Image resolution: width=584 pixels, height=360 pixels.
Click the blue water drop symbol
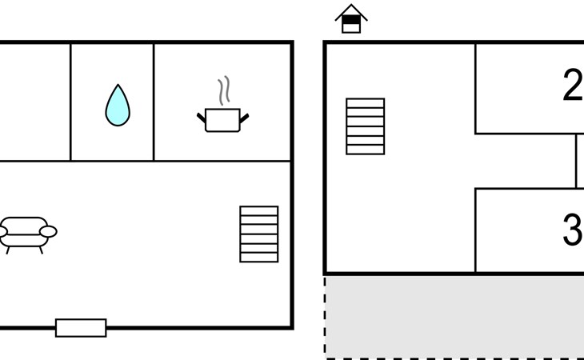pos(118,106)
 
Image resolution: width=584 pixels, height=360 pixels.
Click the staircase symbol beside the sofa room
pos(259,234)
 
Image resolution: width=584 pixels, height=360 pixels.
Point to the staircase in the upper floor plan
pos(365,126)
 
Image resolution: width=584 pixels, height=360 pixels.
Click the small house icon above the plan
pos(351,18)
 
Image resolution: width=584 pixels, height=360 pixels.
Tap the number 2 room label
pos(573,85)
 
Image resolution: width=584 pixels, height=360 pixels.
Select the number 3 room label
pos(573,230)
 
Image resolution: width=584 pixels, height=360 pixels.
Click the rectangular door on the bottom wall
pos(81,328)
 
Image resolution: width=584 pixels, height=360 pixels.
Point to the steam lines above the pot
pos(224,90)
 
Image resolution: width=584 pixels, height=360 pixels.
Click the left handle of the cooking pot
pos(201,118)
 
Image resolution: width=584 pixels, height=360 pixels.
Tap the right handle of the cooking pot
pos(244,118)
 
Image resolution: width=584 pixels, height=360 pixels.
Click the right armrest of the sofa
pos(48,231)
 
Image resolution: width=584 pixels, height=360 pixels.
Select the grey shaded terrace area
pos(455,317)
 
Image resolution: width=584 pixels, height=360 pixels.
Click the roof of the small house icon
pos(351,12)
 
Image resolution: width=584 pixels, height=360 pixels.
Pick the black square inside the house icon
pos(351,20)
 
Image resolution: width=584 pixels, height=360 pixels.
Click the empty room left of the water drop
pos(34,102)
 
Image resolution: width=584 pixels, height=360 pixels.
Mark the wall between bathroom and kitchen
pos(154,102)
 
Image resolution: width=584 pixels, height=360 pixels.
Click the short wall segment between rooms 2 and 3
pos(576,161)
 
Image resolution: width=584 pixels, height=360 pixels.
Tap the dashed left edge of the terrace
pos(325,317)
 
